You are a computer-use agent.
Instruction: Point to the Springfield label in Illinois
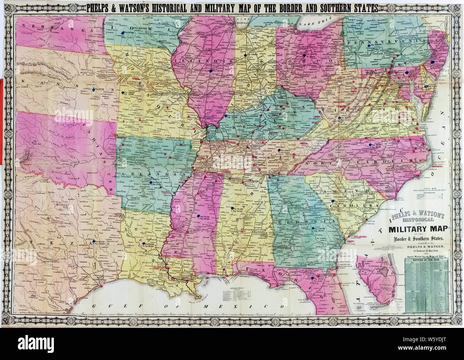click(x=204, y=70)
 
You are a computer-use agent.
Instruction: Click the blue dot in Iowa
click(x=123, y=32)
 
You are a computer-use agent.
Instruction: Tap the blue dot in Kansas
click(x=94, y=89)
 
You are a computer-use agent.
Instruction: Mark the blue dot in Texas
click(x=94, y=242)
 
